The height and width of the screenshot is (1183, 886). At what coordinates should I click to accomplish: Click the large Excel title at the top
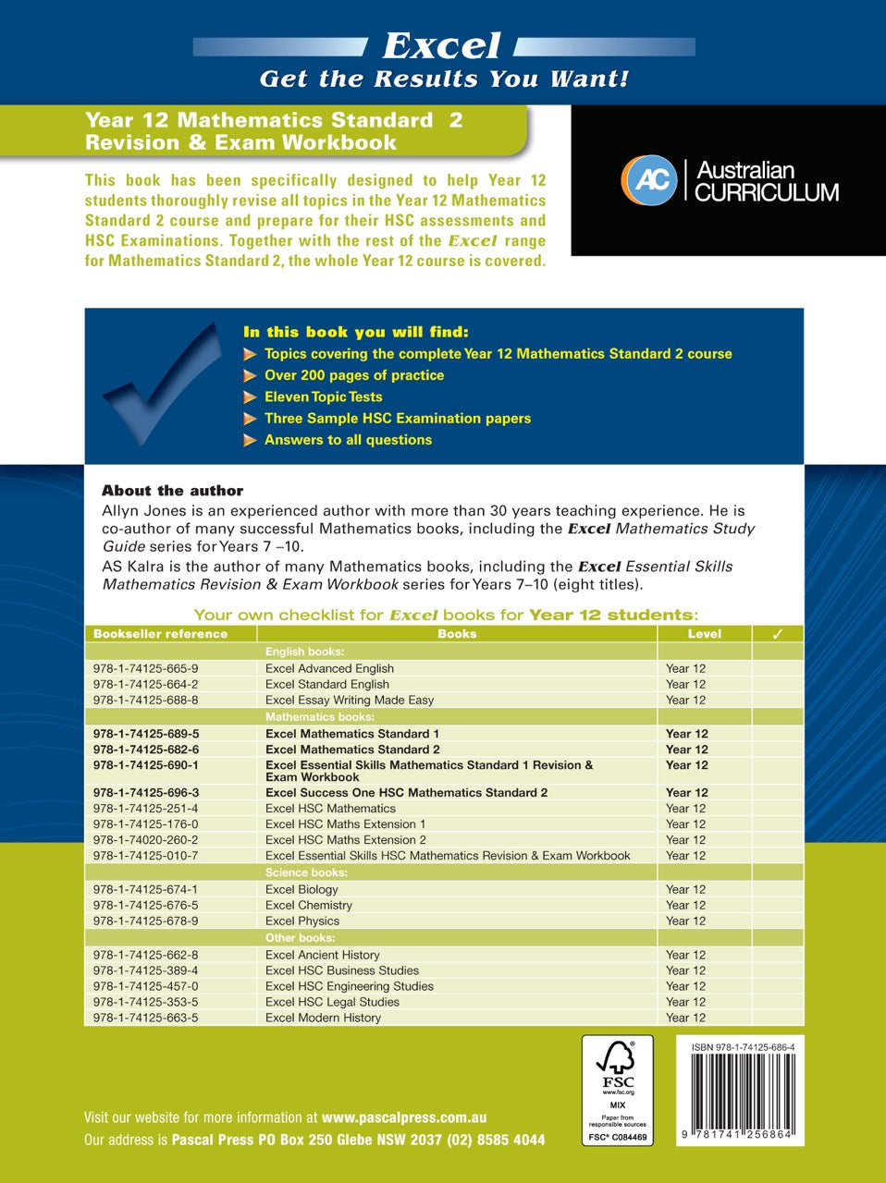[x=442, y=45]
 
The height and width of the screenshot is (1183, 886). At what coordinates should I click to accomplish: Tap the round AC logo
[x=650, y=179]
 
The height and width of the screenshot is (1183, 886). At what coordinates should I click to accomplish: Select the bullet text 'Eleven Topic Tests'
[x=323, y=396]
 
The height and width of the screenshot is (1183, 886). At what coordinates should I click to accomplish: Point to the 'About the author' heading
[x=172, y=491]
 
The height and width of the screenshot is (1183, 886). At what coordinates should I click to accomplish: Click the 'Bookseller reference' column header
[x=160, y=634]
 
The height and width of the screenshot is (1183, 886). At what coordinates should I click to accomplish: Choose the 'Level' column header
[x=704, y=634]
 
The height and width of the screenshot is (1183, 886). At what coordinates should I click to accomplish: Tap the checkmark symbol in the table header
[x=777, y=634]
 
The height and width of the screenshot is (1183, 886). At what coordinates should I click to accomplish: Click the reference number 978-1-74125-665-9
[x=145, y=668]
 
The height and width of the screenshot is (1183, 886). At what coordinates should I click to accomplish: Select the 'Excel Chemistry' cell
[x=308, y=905]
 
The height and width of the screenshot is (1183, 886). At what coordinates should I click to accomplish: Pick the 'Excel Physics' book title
[x=301, y=921]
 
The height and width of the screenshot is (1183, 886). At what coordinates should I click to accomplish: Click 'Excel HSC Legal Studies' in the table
[x=332, y=1002]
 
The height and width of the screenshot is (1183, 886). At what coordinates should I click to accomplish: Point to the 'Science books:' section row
[x=306, y=872]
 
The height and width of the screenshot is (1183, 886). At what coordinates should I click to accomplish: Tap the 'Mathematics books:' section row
[x=319, y=717]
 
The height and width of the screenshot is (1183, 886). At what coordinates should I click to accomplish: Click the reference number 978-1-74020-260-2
[x=145, y=840]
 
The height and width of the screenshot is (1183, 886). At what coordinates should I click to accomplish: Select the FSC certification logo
[x=618, y=1090]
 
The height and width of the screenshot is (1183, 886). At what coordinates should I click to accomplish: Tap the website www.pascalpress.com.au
[x=404, y=1117]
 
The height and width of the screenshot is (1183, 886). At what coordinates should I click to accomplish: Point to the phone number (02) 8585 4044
[x=496, y=1140]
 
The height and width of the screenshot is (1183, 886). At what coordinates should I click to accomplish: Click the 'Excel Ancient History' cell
[x=322, y=955]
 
